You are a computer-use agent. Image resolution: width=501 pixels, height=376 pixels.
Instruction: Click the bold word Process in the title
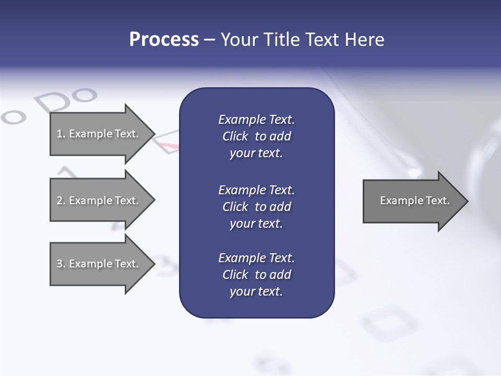(164, 40)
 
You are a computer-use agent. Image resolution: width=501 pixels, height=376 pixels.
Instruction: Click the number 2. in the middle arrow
(61, 201)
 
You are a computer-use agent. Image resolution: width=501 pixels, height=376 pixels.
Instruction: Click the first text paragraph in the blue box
(256, 136)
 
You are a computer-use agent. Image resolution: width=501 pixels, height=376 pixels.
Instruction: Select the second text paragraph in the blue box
(256, 207)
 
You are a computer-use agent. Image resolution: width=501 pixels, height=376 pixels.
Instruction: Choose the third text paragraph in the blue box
(256, 275)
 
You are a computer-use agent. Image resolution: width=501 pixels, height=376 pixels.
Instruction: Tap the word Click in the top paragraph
(235, 136)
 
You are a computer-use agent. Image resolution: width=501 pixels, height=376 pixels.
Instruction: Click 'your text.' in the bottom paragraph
(256, 291)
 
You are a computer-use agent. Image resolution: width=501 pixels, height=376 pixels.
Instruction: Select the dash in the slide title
(209, 40)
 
